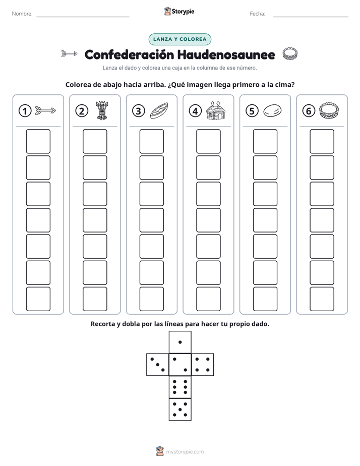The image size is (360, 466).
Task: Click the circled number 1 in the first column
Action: pos(25,111)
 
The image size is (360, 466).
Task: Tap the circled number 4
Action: pos(195,111)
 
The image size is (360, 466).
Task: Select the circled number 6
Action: pos(309,111)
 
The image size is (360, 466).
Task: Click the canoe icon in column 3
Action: pos(159,110)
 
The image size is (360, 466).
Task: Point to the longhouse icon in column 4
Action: pos(216,110)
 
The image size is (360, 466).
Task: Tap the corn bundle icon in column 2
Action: pos(102,110)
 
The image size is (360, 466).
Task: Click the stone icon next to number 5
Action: pos(272,110)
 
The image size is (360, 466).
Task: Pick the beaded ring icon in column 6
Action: pos(329,110)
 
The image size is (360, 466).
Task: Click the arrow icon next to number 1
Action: pos(45,110)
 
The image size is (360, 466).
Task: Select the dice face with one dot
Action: pos(180,342)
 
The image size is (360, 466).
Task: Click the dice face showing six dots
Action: pos(180,387)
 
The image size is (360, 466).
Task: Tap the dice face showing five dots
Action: pos(180,409)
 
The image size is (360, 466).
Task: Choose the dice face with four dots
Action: pos(203,365)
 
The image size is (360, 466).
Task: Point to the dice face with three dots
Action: pos(158,365)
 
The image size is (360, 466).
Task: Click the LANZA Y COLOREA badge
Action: pos(179,39)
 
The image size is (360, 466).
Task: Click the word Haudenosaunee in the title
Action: pos(226,54)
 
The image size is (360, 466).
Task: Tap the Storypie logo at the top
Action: pos(179,11)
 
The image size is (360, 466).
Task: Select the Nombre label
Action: pos(22,14)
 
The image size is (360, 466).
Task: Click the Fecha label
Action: pos(257,14)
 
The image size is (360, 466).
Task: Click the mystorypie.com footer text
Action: pos(185,452)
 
